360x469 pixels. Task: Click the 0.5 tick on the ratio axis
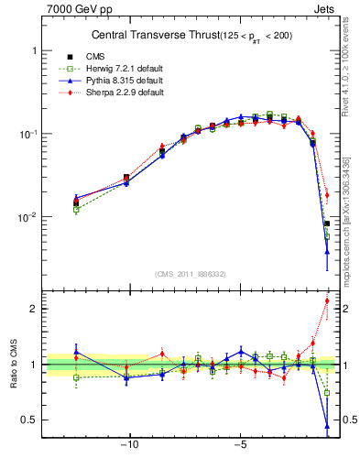point(30,420)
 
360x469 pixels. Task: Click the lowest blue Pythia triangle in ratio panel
point(327,426)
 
